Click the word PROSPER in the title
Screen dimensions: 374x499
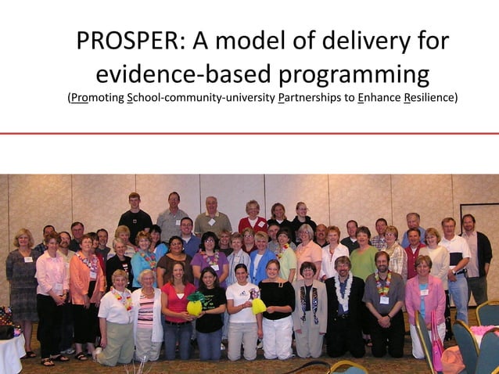pos(125,42)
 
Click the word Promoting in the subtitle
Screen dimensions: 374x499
pos(98,99)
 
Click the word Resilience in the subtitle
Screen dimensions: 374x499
pos(429,99)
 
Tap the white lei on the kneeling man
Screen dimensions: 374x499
pos(342,290)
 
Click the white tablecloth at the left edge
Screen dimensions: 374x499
pos(9,354)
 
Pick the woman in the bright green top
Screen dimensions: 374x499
pos(363,262)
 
